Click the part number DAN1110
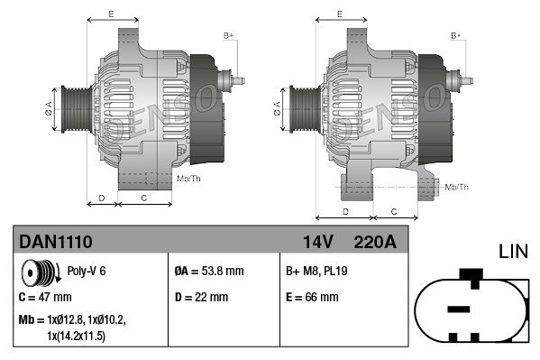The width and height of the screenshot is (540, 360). coord(55,242)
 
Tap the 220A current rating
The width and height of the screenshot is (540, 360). coord(376,242)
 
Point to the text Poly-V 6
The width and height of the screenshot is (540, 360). coord(86,271)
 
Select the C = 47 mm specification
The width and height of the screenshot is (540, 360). coord(45,296)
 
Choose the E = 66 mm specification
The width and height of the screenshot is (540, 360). coord(312,296)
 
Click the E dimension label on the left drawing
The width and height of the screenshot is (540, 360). coord(110,14)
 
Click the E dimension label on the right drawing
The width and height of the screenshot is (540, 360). coord(339,14)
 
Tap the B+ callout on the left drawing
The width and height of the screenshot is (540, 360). coord(229,35)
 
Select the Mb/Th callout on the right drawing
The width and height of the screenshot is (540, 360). coord(457,187)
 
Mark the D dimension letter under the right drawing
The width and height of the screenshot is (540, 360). coord(346,210)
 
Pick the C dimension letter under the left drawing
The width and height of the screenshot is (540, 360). coord(144,197)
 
